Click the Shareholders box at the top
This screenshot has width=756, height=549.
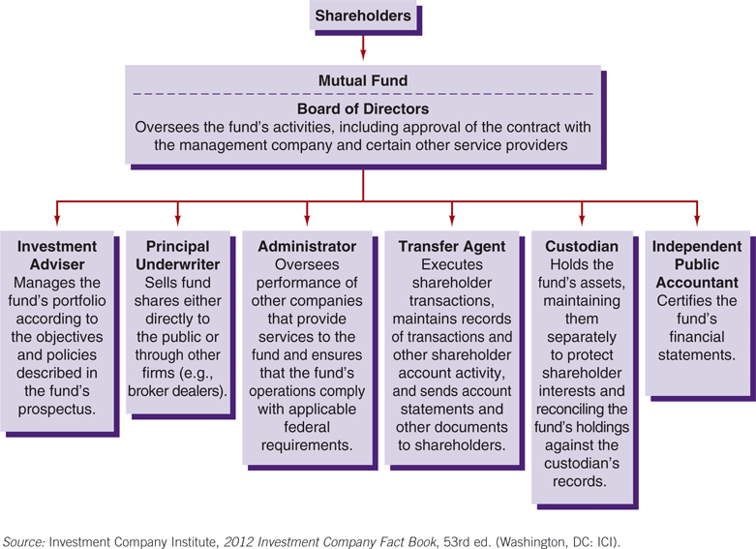coord(363,15)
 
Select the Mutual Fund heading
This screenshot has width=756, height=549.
coord(363,80)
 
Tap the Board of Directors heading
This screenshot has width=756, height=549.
coord(363,109)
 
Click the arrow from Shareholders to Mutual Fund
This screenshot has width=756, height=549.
coord(363,47)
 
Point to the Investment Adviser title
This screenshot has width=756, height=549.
coord(57,256)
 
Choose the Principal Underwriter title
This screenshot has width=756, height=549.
coord(177,256)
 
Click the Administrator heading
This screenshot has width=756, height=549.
coord(307,247)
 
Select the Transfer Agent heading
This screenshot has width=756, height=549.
coord(452,247)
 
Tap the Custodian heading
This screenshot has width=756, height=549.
coord(582,247)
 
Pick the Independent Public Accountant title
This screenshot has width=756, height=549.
coord(697,264)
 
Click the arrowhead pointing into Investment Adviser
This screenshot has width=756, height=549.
coord(57,221)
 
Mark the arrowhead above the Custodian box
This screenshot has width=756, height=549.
coord(582,221)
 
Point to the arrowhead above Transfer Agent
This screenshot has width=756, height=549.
coord(452,221)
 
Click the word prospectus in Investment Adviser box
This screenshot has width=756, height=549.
coord(57,410)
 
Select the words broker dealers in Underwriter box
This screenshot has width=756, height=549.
coord(177,391)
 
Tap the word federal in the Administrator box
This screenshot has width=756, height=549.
coord(307,427)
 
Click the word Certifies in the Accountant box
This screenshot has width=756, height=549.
coord(678,300)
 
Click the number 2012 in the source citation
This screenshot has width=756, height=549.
coord(239,542)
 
